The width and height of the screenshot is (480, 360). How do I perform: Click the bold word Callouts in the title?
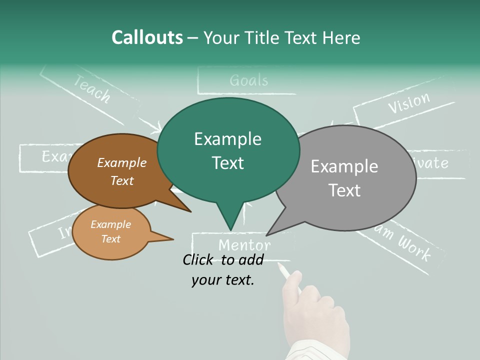click(x=147, y=37)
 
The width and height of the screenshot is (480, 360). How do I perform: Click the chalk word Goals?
click(x=249, y=80)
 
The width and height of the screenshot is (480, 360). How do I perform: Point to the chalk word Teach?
click(x=92, y=88)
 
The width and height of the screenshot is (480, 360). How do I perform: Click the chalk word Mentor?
click(x=244, y=245)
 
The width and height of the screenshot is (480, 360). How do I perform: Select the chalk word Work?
click(x=414, y=247)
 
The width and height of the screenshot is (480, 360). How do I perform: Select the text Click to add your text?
click(x=223, y=270)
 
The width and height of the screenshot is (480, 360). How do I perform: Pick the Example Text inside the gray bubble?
click(x=344, y=178)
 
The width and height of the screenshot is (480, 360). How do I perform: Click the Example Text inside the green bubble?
click(x=228, y=150)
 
